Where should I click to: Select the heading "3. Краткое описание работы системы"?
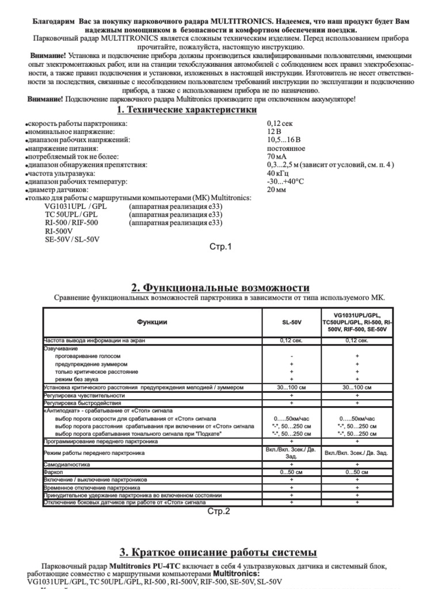[218, 552]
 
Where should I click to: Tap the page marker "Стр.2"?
[218, 511]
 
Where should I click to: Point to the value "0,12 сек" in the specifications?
[280, 124]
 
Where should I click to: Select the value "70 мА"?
[277, 156]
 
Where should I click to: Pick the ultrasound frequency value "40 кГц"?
[279, 173]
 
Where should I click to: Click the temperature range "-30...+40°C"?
[285, 181]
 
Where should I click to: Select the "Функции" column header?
[152, 322]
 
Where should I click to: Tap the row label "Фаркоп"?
[53, 472]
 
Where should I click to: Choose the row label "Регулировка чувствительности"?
[84, 396]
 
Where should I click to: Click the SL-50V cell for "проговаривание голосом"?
[292, 357]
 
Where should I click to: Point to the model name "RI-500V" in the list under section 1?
[59, 231]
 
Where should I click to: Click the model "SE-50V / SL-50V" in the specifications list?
[72, 239]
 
